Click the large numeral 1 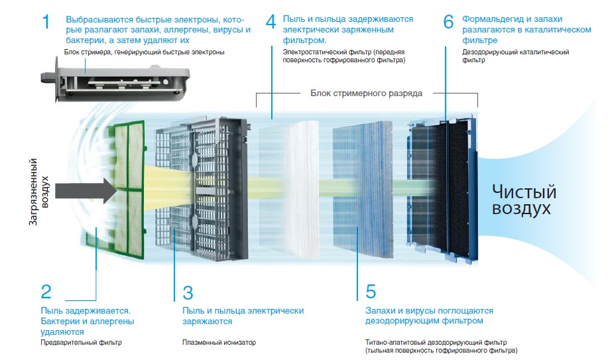pyautogui.click(x=46, y=22)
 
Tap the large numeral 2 pyautogui.click(x=46, y=292)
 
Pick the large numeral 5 pyautogui.click(x=371, y=292)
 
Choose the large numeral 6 pyautogui.click(x=448, y=22)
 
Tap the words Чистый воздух pyautogui.click(x=523, y=200)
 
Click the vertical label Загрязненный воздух pyautogui.click(x=39, y=192)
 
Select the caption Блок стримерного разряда pyautogui.click(x=366, y=93)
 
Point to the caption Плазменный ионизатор pyautogui.click(x=219, y=342)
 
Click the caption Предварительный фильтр pyautogui.click(x=81, y=342)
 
